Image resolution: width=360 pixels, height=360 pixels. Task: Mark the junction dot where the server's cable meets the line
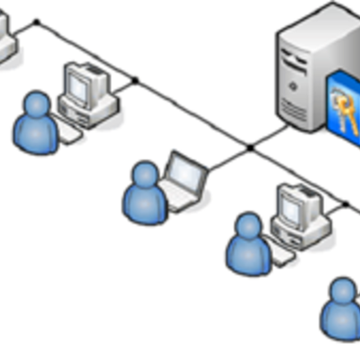tap(250, 147)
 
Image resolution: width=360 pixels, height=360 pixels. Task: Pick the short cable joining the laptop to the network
tap(225, 158)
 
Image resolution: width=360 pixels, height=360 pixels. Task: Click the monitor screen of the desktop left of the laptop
tap(78, 85)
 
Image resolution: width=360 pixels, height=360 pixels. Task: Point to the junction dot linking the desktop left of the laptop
tap(135, 80)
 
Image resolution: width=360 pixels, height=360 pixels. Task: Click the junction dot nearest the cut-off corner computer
tap(37, 22)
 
